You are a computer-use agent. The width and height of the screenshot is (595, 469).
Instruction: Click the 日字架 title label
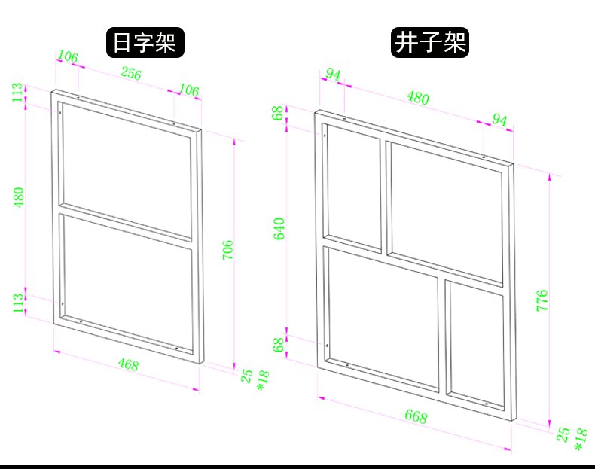pos(144,42)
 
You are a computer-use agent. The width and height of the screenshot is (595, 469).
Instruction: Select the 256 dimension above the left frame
pos(131,74)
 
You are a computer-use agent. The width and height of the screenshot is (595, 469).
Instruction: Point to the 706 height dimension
pos(228,250)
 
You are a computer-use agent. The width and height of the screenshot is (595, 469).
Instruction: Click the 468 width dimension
pos(128,364)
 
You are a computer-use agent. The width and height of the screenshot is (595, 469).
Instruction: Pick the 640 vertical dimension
pos(279,228)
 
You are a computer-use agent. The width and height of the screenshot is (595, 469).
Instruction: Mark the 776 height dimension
pos(542,300)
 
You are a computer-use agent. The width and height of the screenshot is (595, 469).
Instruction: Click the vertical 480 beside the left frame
pos(19,196)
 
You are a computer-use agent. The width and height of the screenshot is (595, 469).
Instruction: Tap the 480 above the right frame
pos(417,98)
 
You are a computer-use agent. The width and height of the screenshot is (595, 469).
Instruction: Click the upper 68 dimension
pos(279,114)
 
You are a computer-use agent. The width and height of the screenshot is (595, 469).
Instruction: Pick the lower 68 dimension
pos(279,344)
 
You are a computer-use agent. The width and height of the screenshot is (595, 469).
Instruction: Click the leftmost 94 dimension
pos(333,75)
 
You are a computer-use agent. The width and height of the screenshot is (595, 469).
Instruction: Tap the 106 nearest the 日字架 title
pos(68,57)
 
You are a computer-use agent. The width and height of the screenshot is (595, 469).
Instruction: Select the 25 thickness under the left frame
pos(246,376)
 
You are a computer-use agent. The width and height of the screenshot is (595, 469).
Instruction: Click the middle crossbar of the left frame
pos(126,228)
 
